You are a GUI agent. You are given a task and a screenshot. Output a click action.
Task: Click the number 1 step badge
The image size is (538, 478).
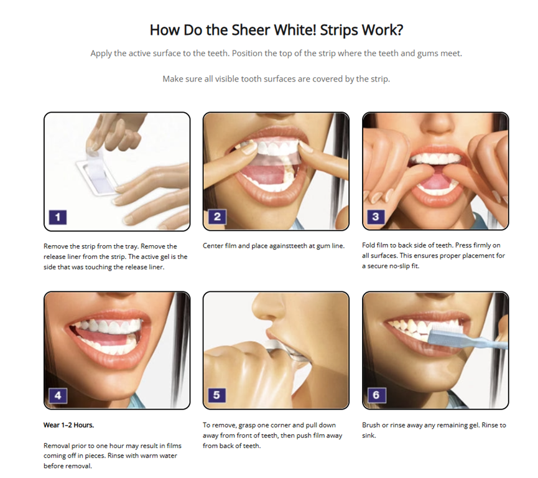coord(58,217)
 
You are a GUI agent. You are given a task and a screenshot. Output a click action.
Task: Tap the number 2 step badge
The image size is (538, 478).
coord(217,217)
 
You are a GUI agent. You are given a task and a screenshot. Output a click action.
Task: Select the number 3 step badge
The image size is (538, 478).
coord(376,217)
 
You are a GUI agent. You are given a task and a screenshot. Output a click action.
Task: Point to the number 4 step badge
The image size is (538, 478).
coord(58,396)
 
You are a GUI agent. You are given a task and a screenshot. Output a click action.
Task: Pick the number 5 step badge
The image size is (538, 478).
coord(217,395)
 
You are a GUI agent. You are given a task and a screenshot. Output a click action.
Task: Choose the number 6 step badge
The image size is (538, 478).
coord(377,395)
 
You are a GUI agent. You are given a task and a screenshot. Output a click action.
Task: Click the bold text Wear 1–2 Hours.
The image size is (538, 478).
coord(68,425)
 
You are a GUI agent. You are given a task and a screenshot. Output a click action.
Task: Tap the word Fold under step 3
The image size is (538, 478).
coord(368,245)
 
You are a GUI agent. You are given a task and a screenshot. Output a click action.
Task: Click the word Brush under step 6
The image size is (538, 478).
coord(371,425)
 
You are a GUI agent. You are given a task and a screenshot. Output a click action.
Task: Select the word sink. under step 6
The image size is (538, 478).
coord(369,436)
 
